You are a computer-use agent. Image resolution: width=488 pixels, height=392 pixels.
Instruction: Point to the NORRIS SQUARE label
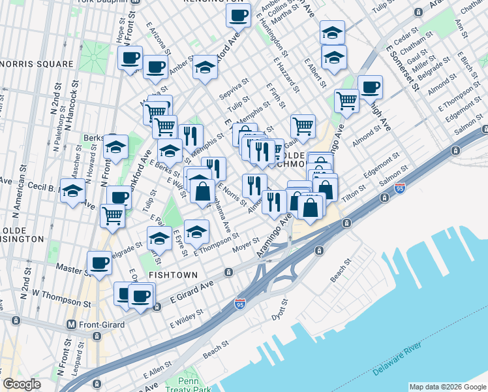(x=37, y=64)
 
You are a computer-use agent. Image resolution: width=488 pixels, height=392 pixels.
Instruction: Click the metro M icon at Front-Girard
(x=72, y=323)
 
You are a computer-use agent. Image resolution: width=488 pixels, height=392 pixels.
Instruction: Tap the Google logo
(x=22, y=384)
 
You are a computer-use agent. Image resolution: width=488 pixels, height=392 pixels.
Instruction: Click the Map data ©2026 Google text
(x=447, y=387)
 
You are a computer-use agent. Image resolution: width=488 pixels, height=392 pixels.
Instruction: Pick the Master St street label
(x=72, y=269)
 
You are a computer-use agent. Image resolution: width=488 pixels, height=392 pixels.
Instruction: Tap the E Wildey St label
(x=187, y=319)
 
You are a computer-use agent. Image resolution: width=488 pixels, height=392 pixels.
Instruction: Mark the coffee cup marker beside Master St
(x=99, y=263)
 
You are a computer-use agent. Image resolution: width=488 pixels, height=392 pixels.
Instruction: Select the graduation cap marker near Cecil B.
(x=72, y=191)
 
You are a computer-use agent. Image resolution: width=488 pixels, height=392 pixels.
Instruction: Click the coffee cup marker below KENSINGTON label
(x=238, y=14)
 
